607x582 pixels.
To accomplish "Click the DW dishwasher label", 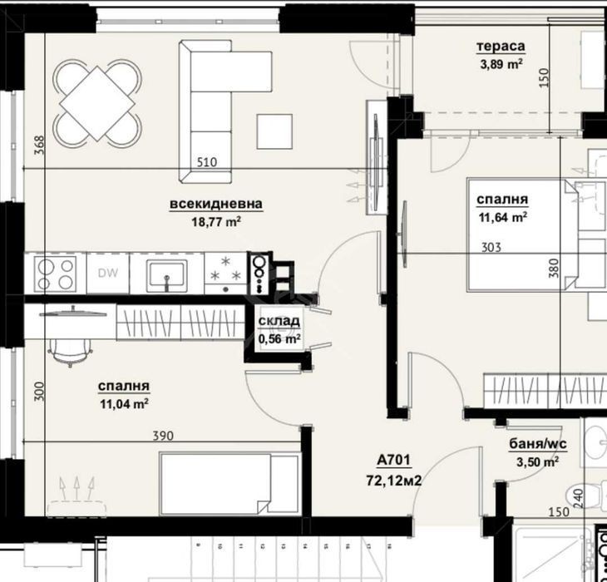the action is [108, 273].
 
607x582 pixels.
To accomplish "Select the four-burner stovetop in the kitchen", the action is [56, 274].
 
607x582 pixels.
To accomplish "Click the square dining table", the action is [97, 103].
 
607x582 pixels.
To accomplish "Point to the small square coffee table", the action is [274, 131].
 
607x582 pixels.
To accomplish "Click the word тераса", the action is [501, 46].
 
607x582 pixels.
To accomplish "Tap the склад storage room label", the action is [279, 320].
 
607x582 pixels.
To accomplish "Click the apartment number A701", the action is [393, 460].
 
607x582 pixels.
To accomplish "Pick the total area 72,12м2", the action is [393, 481].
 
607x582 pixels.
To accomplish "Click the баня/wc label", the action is [538, 444].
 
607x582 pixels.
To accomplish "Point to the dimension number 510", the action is [207, 162].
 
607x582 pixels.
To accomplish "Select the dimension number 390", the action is [163, 436].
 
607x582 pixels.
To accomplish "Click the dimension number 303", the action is [491, 247].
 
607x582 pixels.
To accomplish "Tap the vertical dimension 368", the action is [39, 145].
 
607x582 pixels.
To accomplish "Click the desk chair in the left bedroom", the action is [70, 353].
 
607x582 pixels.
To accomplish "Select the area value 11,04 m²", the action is [124, 404].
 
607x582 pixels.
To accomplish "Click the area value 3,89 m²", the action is [501, 63].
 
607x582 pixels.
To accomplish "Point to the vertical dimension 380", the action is [554, 268].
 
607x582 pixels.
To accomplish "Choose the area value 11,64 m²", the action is [503, 217].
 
